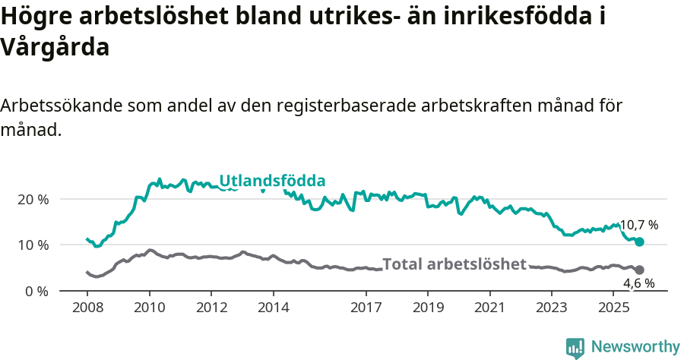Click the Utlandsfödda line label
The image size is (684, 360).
coord(272,181)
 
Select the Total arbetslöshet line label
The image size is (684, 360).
coord(454,264)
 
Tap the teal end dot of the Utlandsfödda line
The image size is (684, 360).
coord(640,242)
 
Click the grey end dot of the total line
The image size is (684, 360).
coord(640,270)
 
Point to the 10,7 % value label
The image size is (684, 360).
coord(639,226)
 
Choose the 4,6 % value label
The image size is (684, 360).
coord(639,283)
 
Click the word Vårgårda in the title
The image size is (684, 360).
coord(55,47)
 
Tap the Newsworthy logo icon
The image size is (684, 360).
coord(575,347)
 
